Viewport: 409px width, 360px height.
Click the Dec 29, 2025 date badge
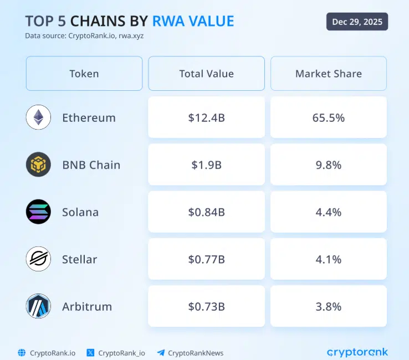pyautogui.click(x=357, y=22)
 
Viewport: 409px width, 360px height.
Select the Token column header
pyautogui.click(x=84, y=74)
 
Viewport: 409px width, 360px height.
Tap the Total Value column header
pyautogui.click(x=206, y=74)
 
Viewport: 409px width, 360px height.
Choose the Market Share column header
pyautogui.click(x=329, y=74)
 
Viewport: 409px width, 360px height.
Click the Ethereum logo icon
pyautogui.click(x=38, y=117)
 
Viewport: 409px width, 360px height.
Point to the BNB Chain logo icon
pyautogui.click(x=38, y=164)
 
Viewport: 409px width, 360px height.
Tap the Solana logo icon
pyautogui.click(x=38, y=212)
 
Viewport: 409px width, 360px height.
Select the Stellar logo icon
pyautogui.click(x=38, y=259)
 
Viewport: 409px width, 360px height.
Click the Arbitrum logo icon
pyautogui.click(x=38, y=306)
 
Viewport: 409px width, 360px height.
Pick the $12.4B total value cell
pyautogui.click(x=206, y=117)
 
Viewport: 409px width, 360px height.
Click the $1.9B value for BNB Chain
pyautogui.click(x=206, y=164)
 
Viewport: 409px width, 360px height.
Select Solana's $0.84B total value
pyautogui.click(x=206, y=212)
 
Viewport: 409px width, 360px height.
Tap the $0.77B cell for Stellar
pyautogui.click(x=206, y=259)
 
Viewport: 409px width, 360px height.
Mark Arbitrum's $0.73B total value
pyautogui.click(x=206, y=306)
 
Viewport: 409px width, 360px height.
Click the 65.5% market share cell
pyautogui.click(x=329, y=117)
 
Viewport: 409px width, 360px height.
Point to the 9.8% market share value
pyautogui.click(x=329, y=164)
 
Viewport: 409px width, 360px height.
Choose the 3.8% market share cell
pyautogui.click(x=329, y=306)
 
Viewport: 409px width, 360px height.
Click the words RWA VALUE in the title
pyautogui.click(x=193, y=21)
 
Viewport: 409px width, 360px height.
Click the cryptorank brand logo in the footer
pyautogui.click(x=357, y=352)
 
